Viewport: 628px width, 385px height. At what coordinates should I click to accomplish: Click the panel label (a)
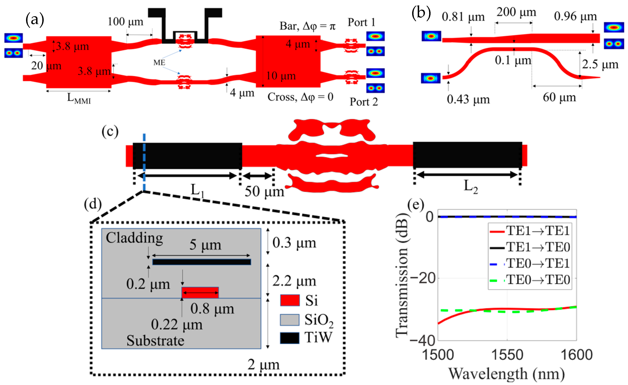click(x=35, y=20)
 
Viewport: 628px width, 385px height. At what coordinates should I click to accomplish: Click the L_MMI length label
click(x=79, y=98)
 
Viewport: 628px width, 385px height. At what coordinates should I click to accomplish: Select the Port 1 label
click(x=361, y=22)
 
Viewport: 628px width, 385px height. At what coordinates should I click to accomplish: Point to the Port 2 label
click(x=363, y=102)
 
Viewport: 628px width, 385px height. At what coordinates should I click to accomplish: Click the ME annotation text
click(x=159, y=63)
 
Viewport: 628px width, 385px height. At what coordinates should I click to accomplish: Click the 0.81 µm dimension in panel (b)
click(x=463, y=17)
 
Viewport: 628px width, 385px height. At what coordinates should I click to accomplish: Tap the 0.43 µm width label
click(x=468, y=99)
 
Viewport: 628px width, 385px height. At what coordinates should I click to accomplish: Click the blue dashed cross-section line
click(x=144, y=163)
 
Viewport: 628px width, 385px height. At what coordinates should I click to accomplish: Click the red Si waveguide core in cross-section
click(x=200, y=292)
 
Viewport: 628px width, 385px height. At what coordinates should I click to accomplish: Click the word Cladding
click(x=134, y=238)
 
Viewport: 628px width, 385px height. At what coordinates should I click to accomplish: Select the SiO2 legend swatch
click(x=289, y=320)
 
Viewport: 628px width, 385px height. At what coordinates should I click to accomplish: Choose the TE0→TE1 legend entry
click(x=538, y=263)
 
